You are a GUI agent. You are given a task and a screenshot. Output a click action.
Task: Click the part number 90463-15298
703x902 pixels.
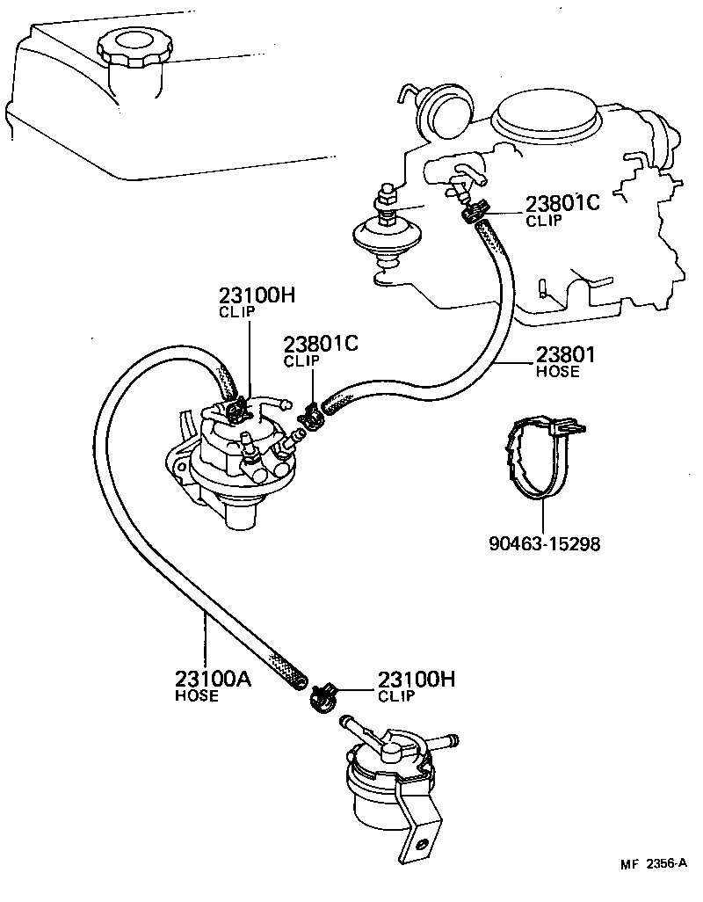(x=544, y=544)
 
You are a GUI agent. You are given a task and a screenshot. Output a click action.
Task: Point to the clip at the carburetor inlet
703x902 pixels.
(x=474, y=212)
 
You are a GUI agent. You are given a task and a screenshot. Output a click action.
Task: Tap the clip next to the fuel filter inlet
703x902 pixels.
(x=324, y=696)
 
